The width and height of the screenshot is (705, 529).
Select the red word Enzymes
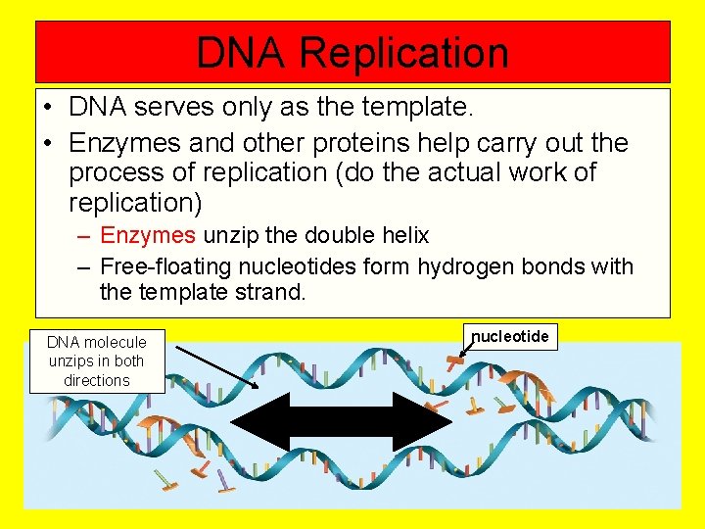point(148,235)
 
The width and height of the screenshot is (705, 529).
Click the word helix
point(402,235)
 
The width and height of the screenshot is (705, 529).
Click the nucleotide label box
point(510,337)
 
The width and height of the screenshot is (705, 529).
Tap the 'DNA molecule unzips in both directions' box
point(97,361)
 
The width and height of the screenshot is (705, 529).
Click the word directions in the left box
point(97,380)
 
